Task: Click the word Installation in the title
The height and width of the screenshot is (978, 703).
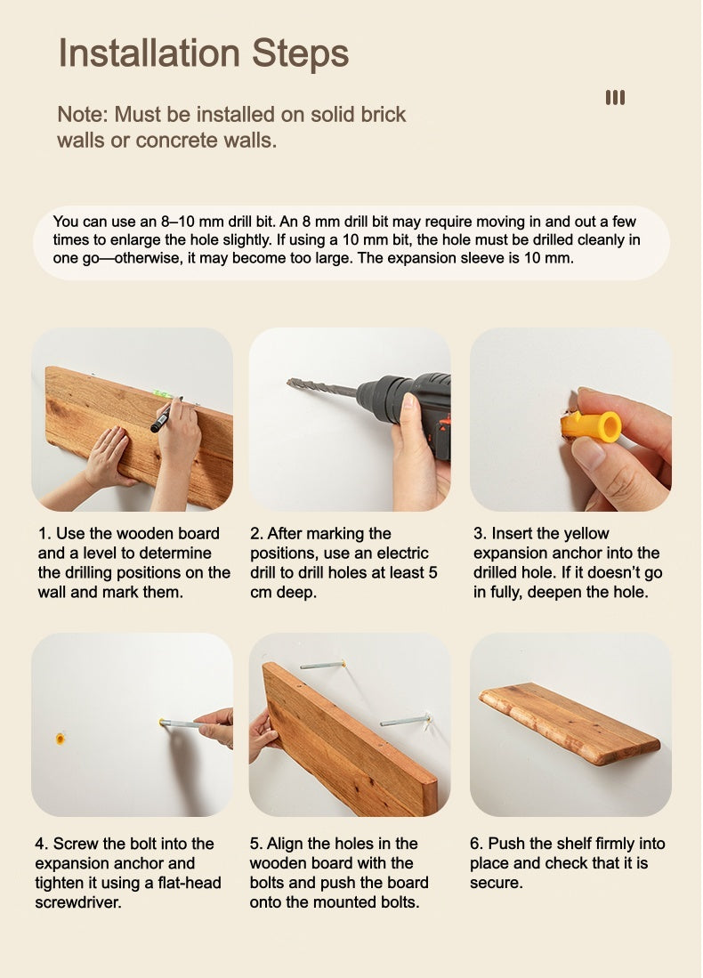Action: (149, 53)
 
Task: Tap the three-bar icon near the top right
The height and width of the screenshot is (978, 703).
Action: (615, 97)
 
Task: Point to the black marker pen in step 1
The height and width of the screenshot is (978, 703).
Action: (165, 416)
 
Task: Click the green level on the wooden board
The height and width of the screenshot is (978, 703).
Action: (163, 393)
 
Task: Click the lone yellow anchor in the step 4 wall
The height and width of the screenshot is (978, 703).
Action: (60, 739)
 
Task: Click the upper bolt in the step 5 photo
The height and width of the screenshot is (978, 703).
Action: (322, 666)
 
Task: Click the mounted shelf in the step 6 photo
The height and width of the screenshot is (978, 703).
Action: (570, 723)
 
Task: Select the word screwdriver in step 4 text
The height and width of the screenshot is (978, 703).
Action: (78, 902)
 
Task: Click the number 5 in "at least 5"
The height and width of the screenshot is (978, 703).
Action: (432, 572)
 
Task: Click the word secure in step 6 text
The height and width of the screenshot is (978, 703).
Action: (497, 883)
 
